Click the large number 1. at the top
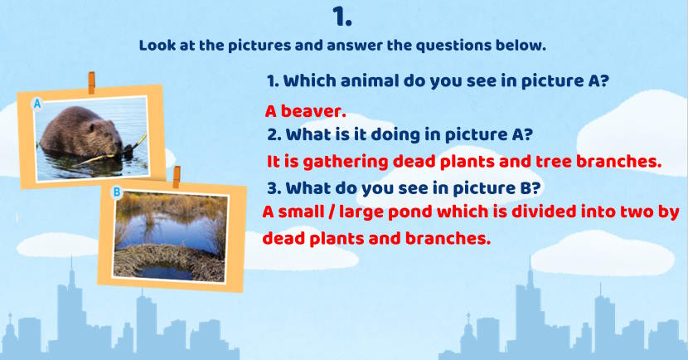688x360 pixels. pos(342,17)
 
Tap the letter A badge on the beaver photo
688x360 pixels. pos(37,104)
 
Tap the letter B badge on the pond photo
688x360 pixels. pos(117,192)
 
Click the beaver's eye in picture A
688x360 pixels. pos(93,129)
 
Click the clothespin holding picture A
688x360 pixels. pos(91,83)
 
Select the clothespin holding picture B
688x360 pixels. pos(177,177)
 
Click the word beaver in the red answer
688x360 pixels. pos(313,111)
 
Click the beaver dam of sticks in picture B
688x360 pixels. pos(170,260)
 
